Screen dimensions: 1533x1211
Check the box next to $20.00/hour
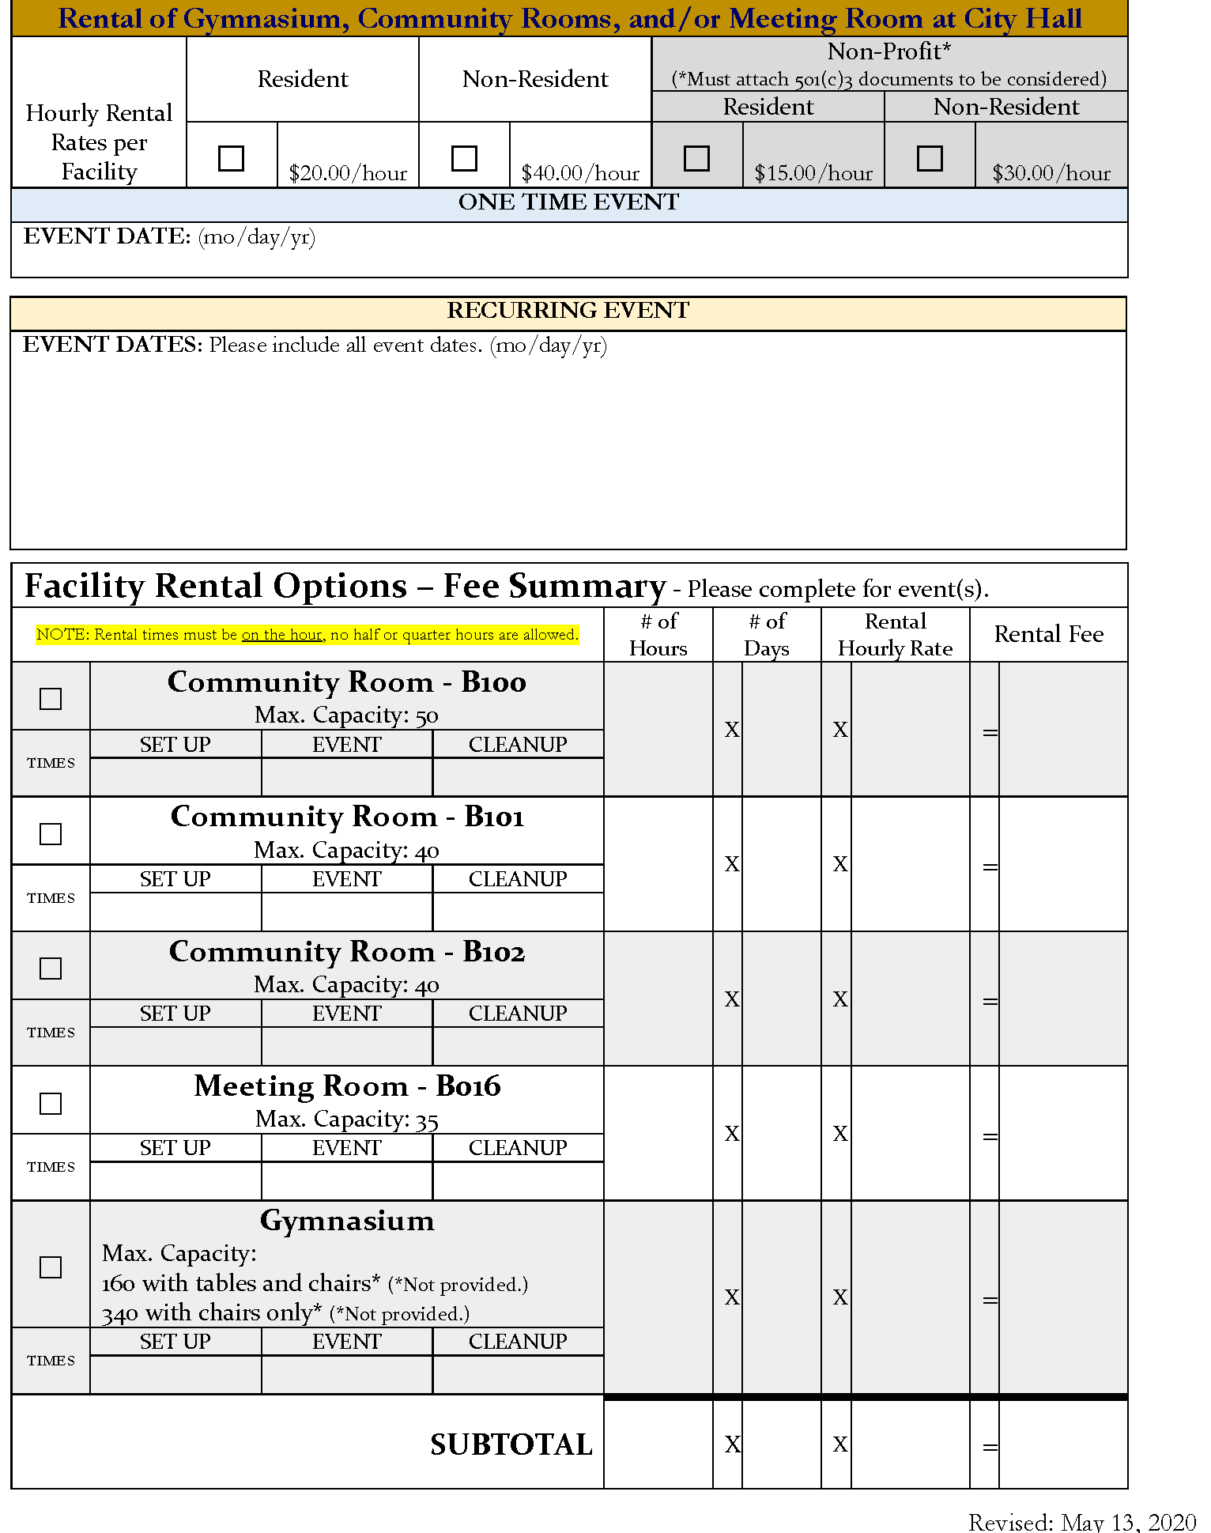tap(231, 158)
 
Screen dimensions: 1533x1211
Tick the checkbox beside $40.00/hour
tap(464, 158)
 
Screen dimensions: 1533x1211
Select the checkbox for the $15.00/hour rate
tap(696, 158)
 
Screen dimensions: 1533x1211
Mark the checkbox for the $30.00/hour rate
tap(930, 158)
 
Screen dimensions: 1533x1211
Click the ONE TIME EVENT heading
tap(568, 202)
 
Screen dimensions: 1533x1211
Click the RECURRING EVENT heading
tap(568, 311)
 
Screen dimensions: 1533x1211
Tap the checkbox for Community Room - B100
tap(51, 699)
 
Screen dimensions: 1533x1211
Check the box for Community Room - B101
tap(51, 834)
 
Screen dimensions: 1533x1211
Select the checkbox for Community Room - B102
tap(51, 969)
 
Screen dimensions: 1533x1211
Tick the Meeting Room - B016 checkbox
tap(51, 1104)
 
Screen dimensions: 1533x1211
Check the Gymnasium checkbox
tap(51, 1267)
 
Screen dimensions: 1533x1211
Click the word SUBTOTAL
tap(511, 1444)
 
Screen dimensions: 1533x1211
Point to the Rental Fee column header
tap(1048, 634)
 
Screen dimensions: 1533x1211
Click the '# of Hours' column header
tap(658, 635)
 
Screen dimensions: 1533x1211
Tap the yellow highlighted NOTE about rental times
tap(307, 634)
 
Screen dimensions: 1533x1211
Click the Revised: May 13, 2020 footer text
tap(1082, 1522)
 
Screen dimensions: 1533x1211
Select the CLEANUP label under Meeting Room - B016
tap(518, 1148)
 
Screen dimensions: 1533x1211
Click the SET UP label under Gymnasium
tap(175, 1342)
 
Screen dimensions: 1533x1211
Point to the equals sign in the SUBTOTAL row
tap(990, 1448)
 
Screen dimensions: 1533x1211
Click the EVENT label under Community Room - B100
tap(346, 745)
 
